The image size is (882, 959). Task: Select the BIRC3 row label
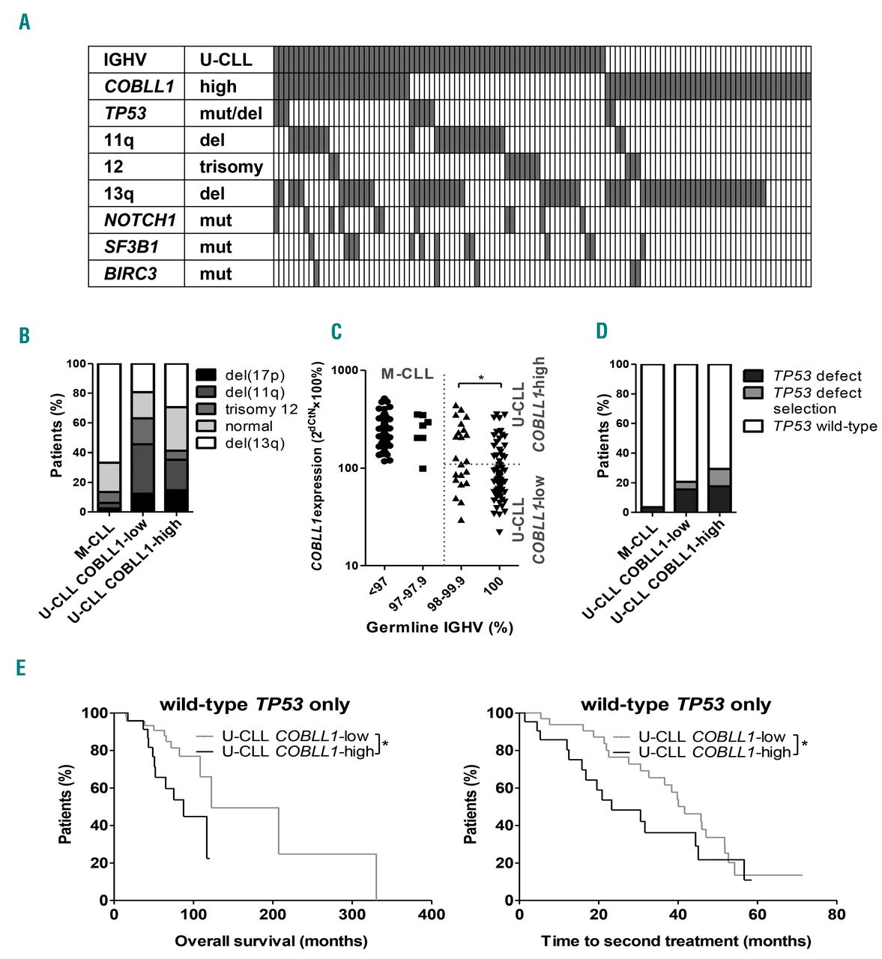[x=131, y=274]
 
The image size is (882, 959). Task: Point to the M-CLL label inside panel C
[x=407, y=373]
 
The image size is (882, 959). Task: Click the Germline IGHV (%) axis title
[x=440, y=628]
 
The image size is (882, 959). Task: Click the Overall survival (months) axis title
[x=271, y=941]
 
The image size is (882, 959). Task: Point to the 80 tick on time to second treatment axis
[x=837, y=915]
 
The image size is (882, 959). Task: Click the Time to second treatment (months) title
[x=676, y=941]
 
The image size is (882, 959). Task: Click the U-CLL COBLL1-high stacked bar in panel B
[x=177, y=438]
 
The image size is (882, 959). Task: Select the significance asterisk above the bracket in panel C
[x=480, y=378]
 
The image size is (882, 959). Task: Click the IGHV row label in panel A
[x=126, y=60]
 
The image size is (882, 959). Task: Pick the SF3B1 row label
[x=131, y=247]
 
